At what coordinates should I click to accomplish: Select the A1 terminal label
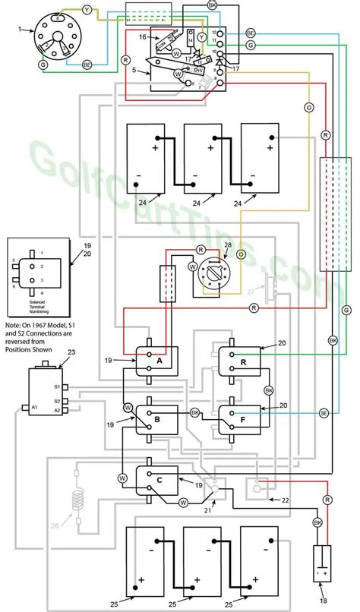34,409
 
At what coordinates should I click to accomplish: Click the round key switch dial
213,272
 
